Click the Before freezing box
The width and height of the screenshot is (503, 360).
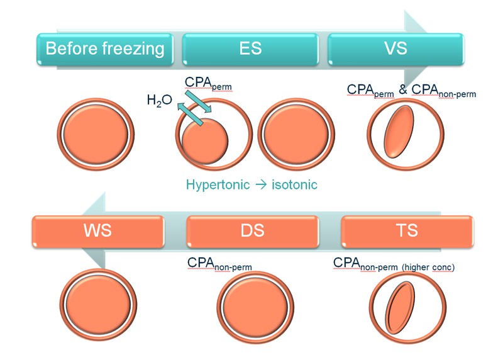(106, 48)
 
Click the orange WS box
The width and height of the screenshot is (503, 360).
(97, 230)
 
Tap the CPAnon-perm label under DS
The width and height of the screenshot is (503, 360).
(219, 264)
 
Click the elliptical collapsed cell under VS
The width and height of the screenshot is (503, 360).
(401, 135)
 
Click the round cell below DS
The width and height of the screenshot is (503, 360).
(249, 305)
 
